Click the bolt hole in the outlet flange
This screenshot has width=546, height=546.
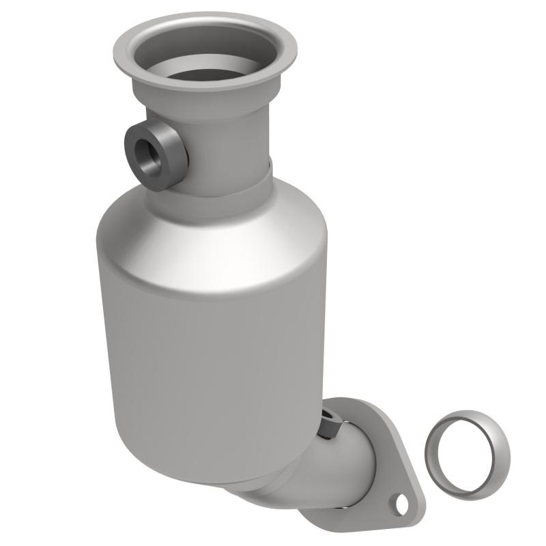coord(401,505)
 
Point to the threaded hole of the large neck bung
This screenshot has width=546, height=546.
coord(149,154)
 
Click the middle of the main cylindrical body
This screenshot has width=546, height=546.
coord(212,341)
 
